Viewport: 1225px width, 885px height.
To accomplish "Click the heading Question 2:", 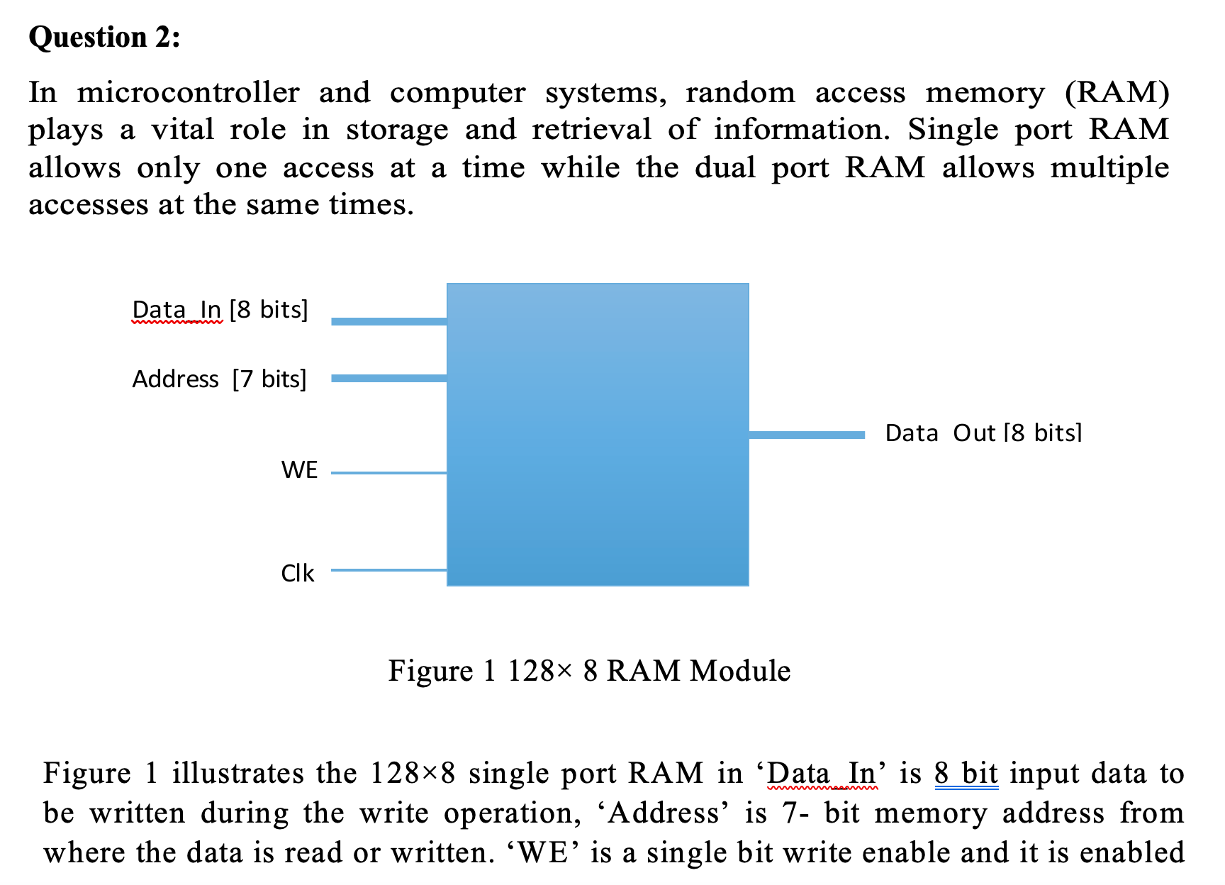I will [x=104, y=38].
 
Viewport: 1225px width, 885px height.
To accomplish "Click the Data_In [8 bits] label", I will [x=220, y=310].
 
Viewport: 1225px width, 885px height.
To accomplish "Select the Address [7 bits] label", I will [x=219, y=379].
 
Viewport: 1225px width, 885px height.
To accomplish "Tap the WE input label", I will [x=299, y=470].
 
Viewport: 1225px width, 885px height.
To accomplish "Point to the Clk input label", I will [x=297, y=573].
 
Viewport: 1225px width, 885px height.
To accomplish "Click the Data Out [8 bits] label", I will [x=983, y=433].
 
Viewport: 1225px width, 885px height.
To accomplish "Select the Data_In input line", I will [x=388, y=321].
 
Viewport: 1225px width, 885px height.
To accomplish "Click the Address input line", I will [x=388, y=378].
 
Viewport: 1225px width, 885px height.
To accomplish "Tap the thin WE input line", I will [x=388, y=472].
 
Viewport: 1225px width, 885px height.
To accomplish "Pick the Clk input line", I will [x=388, y=569].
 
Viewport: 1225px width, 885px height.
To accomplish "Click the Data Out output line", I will [x=807, y=434].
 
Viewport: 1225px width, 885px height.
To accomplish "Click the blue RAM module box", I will [x=598, y=434].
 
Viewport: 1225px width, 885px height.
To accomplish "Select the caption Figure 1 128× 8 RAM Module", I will [x=589, y=671].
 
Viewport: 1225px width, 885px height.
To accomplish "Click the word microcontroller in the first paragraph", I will [x=188, y=93].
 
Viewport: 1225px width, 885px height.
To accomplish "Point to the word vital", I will [x=182, y=130].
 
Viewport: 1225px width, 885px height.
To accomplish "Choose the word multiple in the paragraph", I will [x=1109, y=168].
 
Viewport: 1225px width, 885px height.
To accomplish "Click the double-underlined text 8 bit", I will [x=966, y=773].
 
